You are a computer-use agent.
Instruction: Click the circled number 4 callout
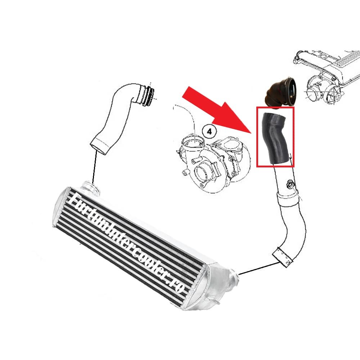click(x=209, y=132)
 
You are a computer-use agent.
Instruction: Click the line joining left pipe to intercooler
click(x=94, y=168)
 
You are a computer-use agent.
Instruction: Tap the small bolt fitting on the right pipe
click(x=290, y=184)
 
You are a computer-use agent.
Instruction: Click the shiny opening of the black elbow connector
click(x=291, y=92)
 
